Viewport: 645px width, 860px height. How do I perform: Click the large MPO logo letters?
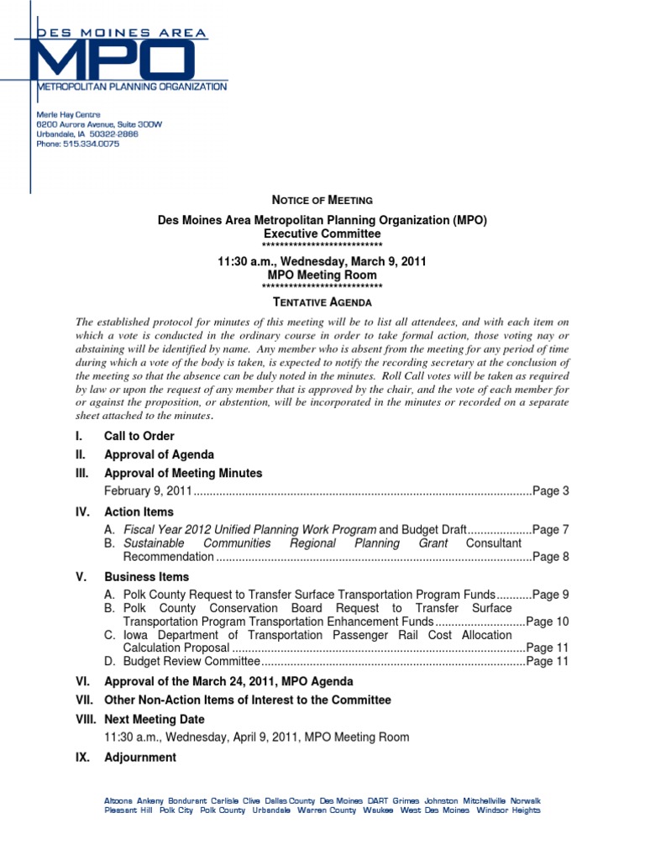coord(113,59)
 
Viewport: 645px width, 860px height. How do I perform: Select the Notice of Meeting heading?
coord(322,200)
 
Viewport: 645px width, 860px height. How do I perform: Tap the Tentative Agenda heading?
coord(322,302)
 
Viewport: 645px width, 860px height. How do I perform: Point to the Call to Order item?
coord(139,436)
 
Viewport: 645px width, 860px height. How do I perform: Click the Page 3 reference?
coord(551,491)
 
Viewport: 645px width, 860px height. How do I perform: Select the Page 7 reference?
coord(551,530)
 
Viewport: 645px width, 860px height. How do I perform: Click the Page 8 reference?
coord(551,557)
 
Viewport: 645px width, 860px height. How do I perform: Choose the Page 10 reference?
coord(548,621)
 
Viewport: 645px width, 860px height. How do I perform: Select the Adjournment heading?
coord(139,758)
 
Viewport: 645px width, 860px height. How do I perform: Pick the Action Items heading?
coord(139,511)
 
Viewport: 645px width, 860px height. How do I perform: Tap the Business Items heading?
coord(146,577)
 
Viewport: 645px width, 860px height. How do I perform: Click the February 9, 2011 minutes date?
coord(149,491)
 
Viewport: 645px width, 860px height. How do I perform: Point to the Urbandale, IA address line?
coord(87,134)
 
